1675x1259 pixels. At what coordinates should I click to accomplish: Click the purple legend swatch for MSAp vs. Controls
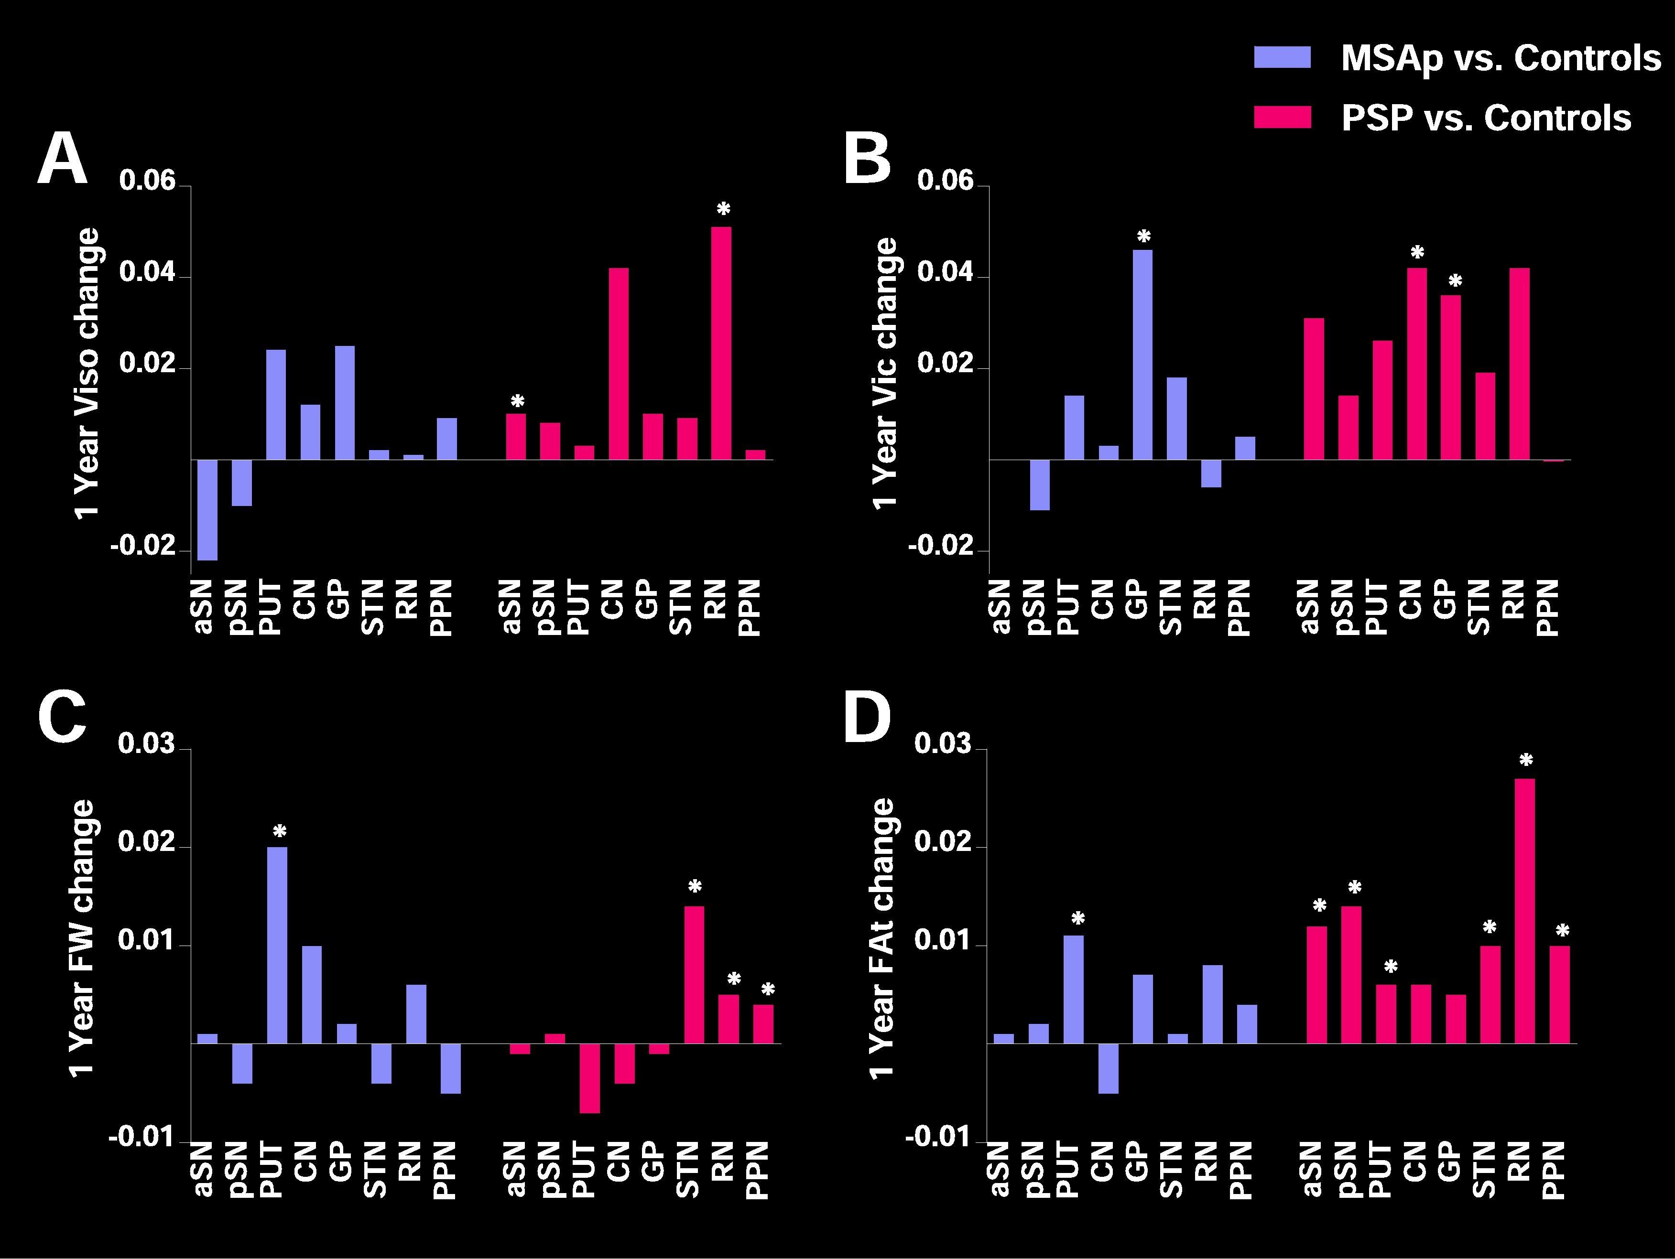pyautogui.click(x=1282, y=57)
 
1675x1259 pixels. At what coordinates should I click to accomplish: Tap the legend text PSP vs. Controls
pyautogui.click(x=1486, y=118)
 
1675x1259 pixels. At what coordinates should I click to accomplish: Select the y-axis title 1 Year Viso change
pyautogui.click(x=87, y=373)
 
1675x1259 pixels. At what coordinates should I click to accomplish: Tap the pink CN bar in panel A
pyautogui.click(x=618, y=364)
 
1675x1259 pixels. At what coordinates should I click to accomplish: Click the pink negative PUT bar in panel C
pyautogui.click(x=590, y=1078)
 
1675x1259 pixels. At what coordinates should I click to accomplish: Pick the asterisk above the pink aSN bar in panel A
pyautogui.click(x=517, y=401)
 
